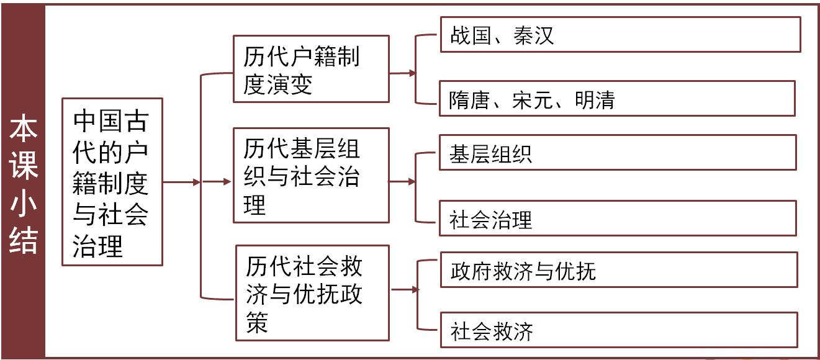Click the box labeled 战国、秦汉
coord(620,35)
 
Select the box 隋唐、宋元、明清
coord(617,99)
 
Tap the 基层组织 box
coord(617,153)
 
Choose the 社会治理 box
coord(617,218)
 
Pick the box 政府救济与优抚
coord(617,270)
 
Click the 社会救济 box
coord(617,330)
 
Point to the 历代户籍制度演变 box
coord(310,69)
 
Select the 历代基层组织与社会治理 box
coord(310,175)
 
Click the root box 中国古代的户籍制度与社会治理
coord(112,182)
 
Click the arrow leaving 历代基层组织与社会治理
coord(402,182)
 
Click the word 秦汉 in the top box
coord(534,35)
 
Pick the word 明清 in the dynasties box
coord(594,100)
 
